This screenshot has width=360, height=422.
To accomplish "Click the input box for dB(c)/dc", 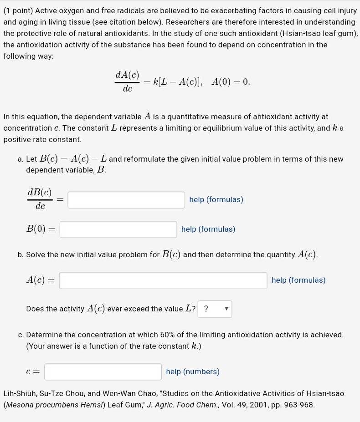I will (x=126, y=200).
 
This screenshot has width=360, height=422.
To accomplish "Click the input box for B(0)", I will (x=118, y=229).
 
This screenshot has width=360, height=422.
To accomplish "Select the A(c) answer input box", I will (x=163, y=280).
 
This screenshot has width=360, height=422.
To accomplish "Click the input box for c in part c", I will (x=103, y=372).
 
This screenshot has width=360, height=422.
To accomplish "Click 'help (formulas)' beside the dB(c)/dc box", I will (x=216, y=200).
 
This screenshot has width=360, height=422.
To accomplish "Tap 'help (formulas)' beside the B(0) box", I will (x=208, y=229).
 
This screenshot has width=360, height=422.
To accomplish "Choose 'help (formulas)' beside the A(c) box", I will (x=298, y=280).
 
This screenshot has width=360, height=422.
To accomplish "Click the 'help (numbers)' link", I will (x=193, y=372).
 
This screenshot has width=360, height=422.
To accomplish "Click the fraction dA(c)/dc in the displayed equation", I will (x=127, y=81).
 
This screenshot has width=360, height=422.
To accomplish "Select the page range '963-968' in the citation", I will (x=298, y=405).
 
